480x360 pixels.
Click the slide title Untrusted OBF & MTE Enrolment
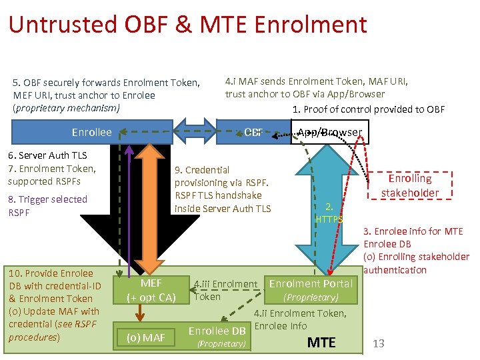coord(187,25)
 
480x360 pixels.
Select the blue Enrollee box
coord(92,132)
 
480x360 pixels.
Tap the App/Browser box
coord(329,132)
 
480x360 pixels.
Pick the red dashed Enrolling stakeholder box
coord(410,186)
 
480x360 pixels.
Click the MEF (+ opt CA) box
coord(151,291)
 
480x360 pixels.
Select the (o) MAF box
coord(146,337)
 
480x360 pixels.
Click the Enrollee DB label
coord(217,331)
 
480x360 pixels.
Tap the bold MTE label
coord(321,342)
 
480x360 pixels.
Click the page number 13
coord(379,343)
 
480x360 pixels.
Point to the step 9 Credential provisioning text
coord(222,189)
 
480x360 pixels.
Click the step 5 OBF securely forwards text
coord(106,95)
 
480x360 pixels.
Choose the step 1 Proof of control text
coord(368,109)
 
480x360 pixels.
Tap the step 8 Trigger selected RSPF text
coord(47,205)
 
